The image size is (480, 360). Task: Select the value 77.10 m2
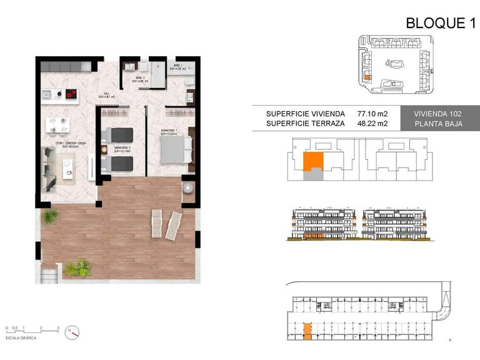(x=372, y=114)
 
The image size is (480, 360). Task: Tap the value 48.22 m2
(x=372, y=124)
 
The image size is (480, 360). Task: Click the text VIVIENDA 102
(x=438, y=114)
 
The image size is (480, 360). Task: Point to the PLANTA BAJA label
(x=438, y=124)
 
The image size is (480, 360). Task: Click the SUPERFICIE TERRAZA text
(x=305, y=124)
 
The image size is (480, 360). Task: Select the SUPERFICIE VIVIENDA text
(x=305, y=114)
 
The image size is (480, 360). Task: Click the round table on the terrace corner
(x=188, y=189)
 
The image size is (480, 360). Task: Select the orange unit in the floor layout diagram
(x=312, y=161)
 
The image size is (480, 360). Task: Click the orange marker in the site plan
(x=367, y=77)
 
